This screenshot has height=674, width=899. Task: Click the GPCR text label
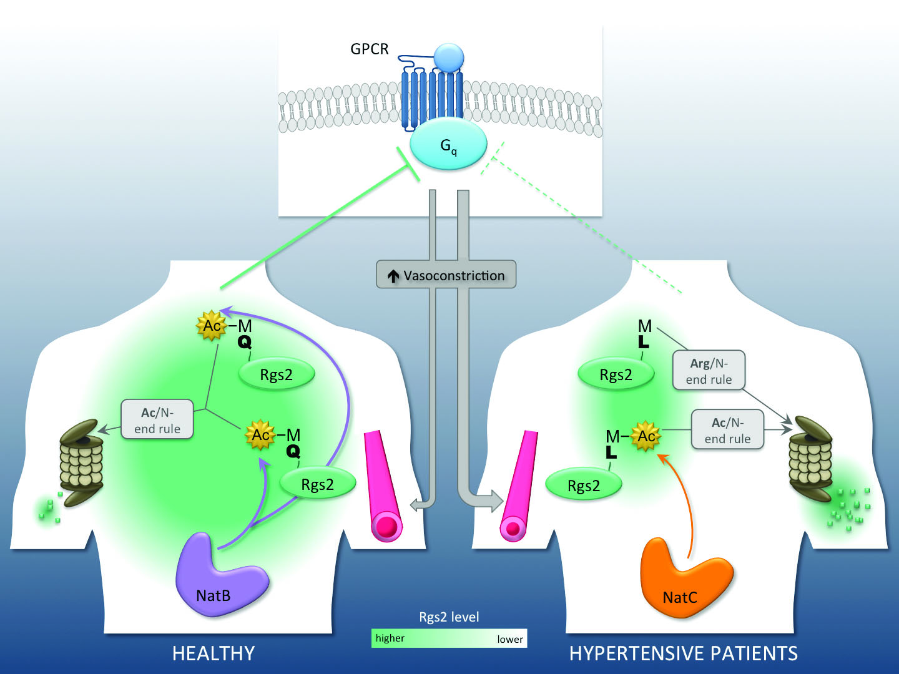click(369, 49)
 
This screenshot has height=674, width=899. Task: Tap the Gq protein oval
click(448, 145)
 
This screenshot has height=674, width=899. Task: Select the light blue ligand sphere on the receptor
click(449, 57)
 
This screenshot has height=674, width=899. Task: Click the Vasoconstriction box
click(446, 275)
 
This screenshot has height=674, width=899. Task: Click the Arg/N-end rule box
click(709, 371)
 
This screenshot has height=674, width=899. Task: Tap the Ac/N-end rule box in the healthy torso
click(157, 420)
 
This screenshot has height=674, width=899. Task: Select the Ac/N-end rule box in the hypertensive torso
click(727, 430)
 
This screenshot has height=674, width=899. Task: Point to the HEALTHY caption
click(214, 653)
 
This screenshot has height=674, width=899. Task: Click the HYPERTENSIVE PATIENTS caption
click(684, 653)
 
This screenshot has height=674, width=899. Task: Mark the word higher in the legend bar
click(390, 638)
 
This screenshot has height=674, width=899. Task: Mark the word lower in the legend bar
click(510, 639)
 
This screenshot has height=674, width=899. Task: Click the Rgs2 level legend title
click(449, 617)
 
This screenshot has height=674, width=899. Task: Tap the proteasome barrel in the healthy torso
click(81, 462)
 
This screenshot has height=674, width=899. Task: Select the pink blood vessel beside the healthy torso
click(383, 484)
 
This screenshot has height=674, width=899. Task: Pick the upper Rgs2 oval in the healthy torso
click(277, 374)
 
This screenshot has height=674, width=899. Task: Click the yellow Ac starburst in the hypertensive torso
click(646, 436)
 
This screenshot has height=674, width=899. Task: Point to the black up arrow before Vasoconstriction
click(393, 276)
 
